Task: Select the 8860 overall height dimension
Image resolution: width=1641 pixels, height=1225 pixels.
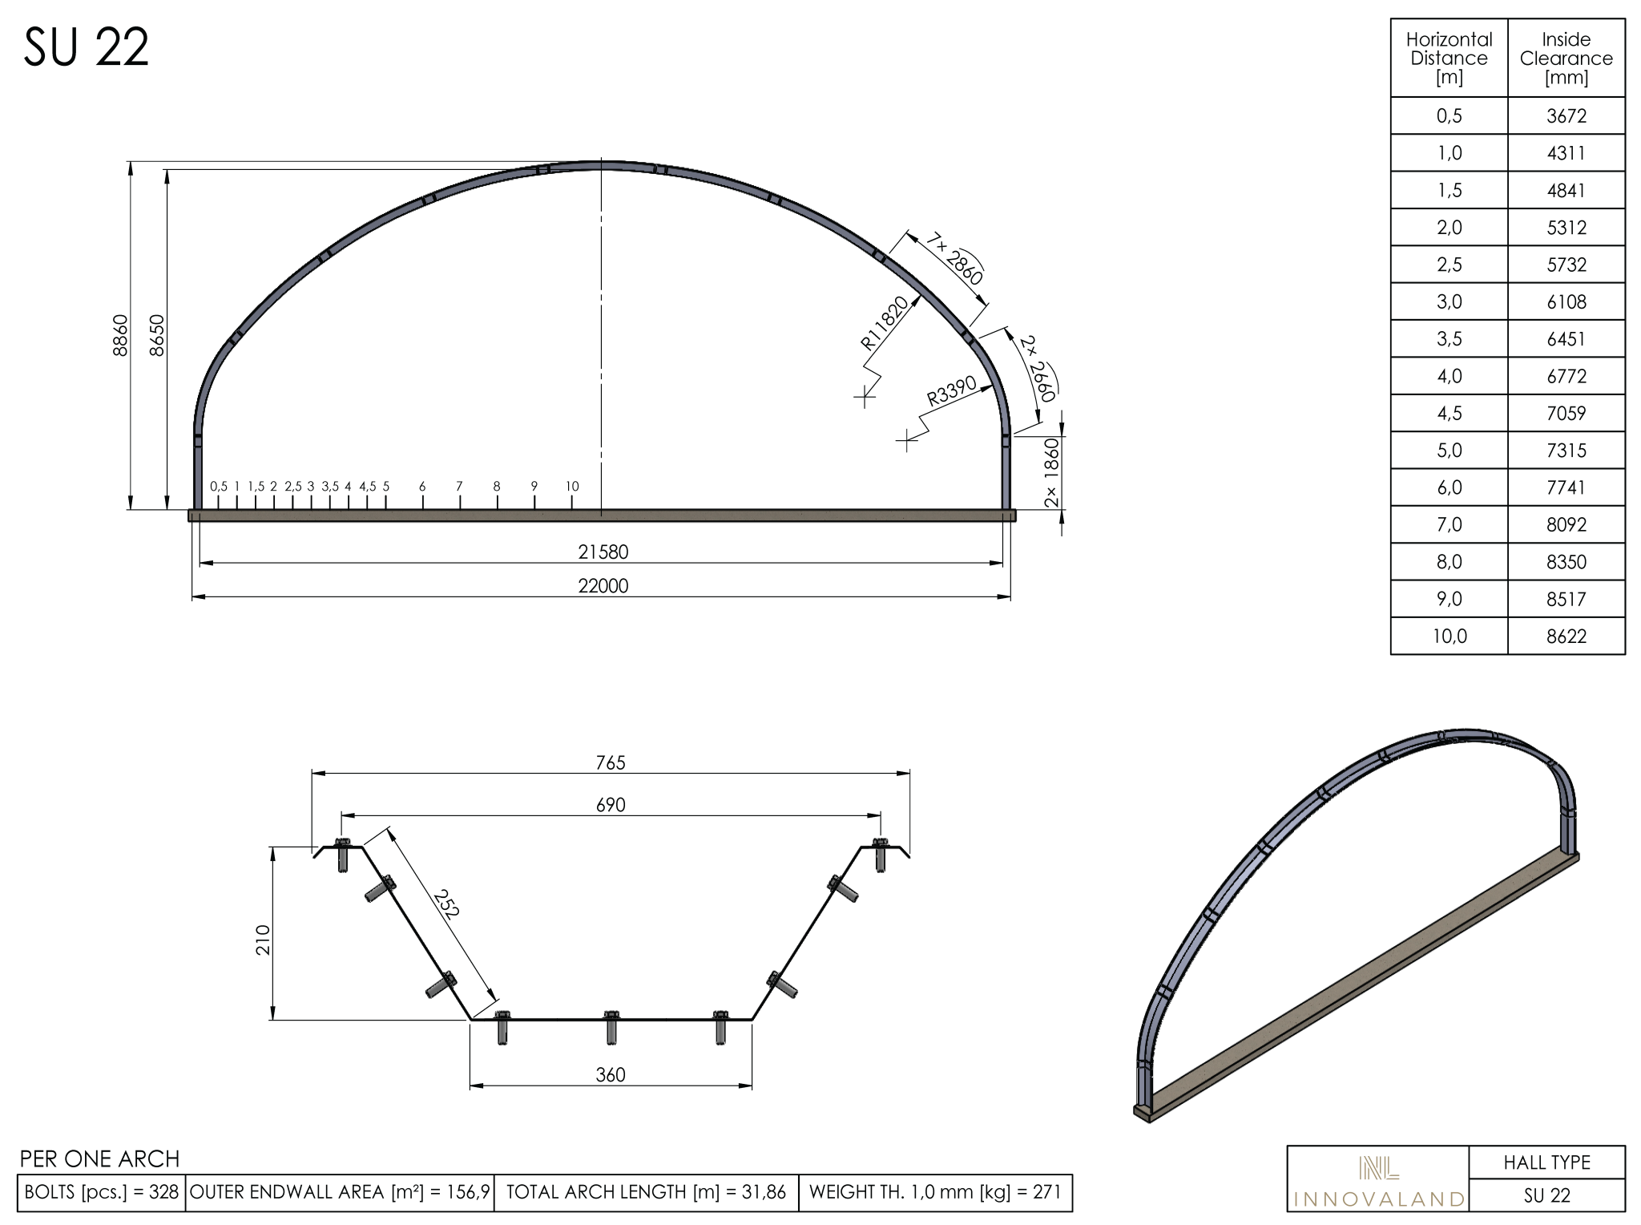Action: click(x=120, y=335)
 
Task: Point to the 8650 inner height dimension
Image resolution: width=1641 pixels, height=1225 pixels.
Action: click(x=157, y=335)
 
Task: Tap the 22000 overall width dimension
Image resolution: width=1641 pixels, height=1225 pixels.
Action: click(x=603, y=586)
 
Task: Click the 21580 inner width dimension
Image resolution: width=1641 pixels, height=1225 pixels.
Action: click(x=603, y=552)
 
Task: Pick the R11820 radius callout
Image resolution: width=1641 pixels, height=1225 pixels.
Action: click(x=885, y=323)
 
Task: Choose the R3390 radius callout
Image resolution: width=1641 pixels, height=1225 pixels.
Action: click(x=952, y=390)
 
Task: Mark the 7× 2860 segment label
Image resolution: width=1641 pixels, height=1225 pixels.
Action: click(x=955, y=259)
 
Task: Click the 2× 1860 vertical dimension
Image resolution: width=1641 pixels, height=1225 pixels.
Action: click(x=1052, y=473)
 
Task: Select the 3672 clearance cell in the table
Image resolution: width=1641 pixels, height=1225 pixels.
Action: click(x=1566, y=116)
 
